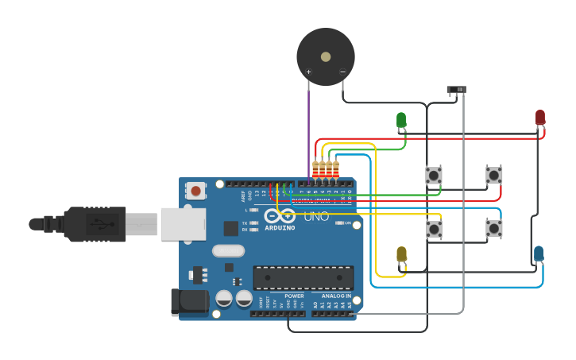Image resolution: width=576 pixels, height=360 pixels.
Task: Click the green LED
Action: pyautogui.click(x=401, y=120)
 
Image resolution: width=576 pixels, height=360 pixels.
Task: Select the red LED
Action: pyautogui.click(x=540, y=118)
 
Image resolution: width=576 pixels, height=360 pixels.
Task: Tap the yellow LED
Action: pyautogui.click(x=401, y=254)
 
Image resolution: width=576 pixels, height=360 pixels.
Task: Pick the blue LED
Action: pyautogui.click(x=539, y=254)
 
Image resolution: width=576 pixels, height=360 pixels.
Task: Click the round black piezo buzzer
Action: pyautogui.click(x=326, y=56)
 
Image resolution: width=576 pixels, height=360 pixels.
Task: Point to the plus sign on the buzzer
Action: pyautogui.click(x=309, y=72)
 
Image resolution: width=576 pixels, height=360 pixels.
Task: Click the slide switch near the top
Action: pyautogui.click(x=456, y=89)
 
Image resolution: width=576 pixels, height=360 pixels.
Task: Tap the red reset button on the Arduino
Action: pyautogui.click(x=195, y=191)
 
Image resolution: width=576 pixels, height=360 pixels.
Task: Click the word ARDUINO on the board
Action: pyautogui.click(x=280, y=228)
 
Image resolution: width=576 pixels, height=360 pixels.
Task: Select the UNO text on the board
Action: pyautogui.click(x=315, y=216)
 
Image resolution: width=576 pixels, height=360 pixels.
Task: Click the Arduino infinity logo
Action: pyautogui.click(x=280, y=216)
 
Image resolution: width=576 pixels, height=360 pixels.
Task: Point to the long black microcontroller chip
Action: pyautogui.click(x=303, y=277)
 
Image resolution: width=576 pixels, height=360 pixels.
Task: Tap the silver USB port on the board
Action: pyautogui.click(x=183, y=223)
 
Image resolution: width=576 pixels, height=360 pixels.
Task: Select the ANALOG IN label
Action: pyautogui.click(x=336, y=296)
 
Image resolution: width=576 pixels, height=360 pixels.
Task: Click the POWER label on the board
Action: pyautogui.click(x=294, y=296)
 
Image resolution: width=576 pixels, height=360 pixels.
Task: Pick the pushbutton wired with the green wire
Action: pyautogui.click(x=434, y=175)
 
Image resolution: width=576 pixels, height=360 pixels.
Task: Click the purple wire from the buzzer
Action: pyautogui.click(x=309, y=127)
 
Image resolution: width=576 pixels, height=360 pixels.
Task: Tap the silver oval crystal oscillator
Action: pyautogui.click(x=229, y=250)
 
